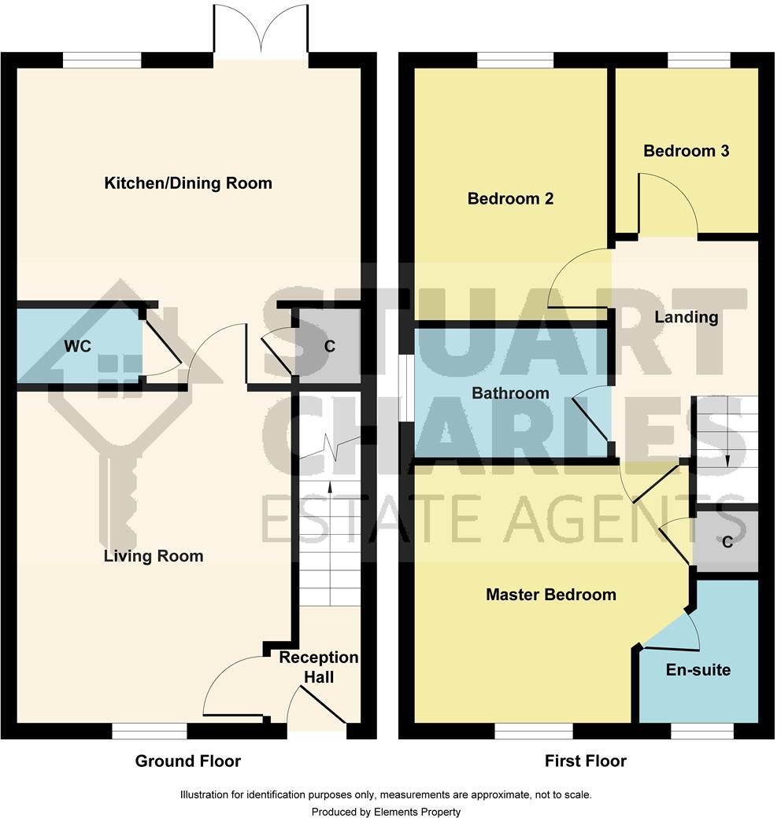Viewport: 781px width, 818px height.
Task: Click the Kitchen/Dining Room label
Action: tap(188, 183)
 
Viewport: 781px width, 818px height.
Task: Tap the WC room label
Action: tap(78, 346)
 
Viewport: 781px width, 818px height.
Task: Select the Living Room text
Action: tap(154, 556)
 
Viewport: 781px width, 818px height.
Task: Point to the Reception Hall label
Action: tap(319, 666)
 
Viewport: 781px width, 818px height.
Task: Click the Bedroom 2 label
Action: tap(510, 199)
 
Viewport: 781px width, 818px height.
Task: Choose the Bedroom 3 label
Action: tap(687, 151)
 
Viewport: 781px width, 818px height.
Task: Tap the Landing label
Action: tap(687, 317)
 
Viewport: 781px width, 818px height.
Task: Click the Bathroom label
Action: tap(510, 392)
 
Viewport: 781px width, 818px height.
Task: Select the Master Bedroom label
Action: tap(550, 595)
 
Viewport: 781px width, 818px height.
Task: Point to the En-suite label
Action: tap(698, 670)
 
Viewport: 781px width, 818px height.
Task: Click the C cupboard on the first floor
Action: tap(727, 542)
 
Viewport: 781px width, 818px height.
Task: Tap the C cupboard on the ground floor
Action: tap(330, 346)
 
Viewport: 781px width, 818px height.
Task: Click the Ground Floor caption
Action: tap(187, 761)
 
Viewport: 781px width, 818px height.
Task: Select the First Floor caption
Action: tap(585, 761)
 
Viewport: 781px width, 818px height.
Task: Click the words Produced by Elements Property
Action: tap(386, 812)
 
